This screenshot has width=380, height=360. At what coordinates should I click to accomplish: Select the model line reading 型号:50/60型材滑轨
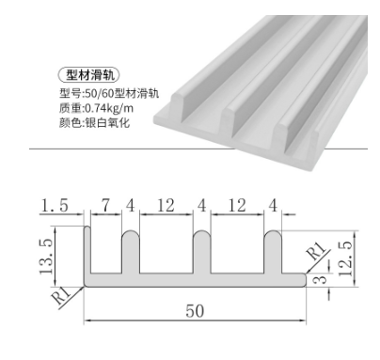click(108, 93)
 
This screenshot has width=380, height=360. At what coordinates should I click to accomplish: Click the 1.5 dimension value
click(54, 206)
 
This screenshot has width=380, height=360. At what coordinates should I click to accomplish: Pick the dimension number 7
click(106, 206)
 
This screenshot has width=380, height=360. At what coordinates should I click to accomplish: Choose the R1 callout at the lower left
click(63, 295)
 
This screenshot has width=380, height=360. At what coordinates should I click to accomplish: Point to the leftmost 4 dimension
click(131, 206)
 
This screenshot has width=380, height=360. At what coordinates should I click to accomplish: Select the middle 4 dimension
click(202, 206)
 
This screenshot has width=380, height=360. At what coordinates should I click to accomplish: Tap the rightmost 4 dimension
click(273, 206)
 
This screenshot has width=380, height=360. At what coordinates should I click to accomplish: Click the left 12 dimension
click(166, 206)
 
